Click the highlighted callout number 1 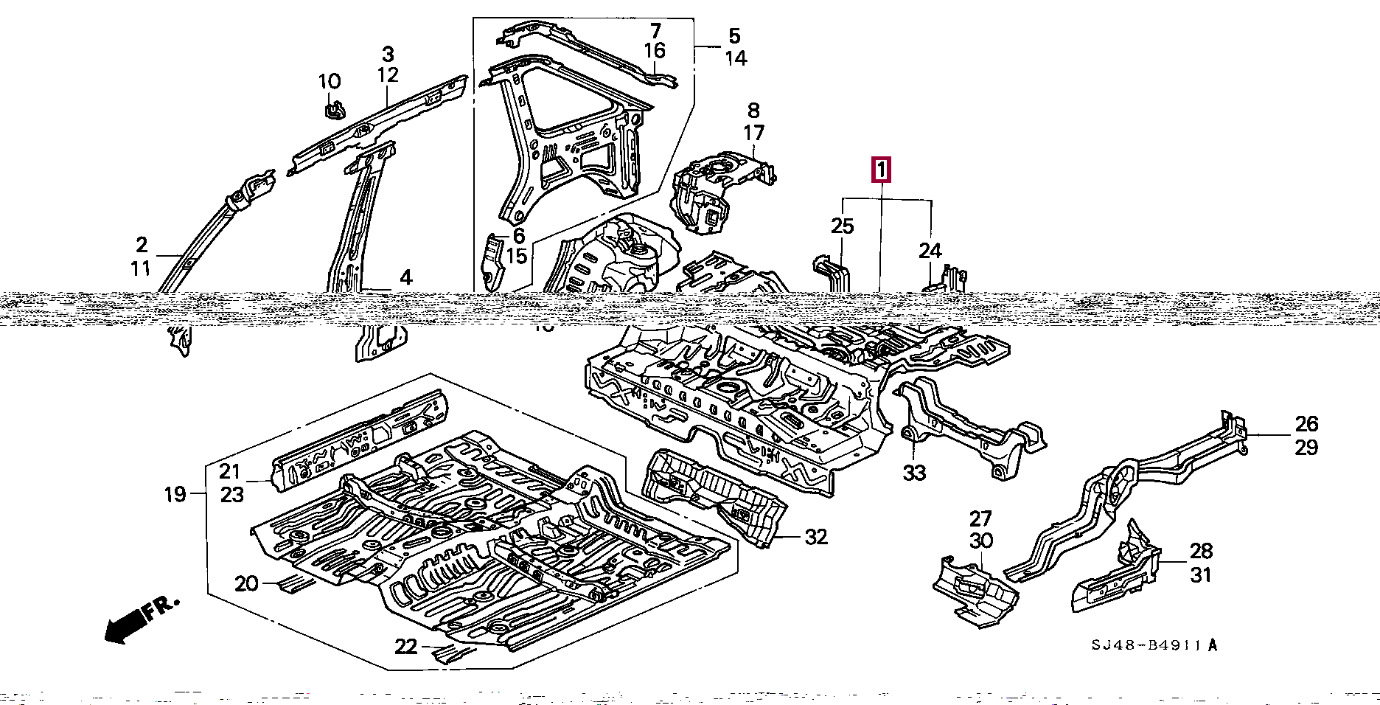coord(882,170)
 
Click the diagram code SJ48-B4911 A coord(1154,645)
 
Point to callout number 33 coord(914,473)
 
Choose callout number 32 coord(816,537)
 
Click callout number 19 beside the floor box coord(175,493)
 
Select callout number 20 coord(246,583)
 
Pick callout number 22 coord(405,647)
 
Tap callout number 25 coord(842,226)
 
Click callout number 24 coord(930,251)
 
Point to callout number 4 coord(406,278)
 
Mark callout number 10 coord(330,81)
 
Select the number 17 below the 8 coord(753,133)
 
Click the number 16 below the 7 coord(655,50)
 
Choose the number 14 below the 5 coord(736,58)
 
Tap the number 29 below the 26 coord(1306,447)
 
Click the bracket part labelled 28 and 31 coord(1117,575)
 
